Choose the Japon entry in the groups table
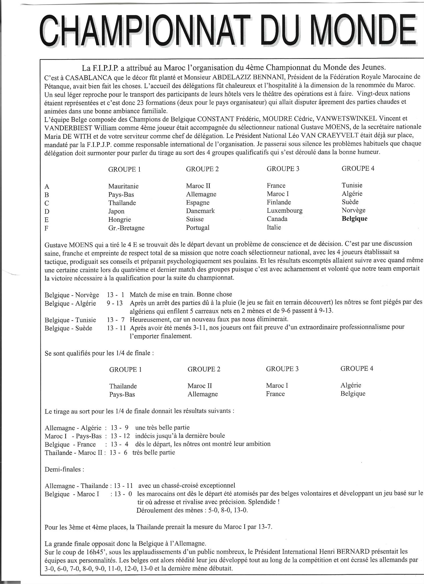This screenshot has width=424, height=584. tap(116, 212)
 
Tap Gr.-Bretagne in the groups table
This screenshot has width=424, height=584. tap(126, 228)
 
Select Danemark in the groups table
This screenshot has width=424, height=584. tap(200, 211)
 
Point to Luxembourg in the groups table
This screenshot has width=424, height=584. tap(285, 211)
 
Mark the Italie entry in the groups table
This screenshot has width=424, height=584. tap(274, 228)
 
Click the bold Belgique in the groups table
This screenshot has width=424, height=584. tap(354, 219)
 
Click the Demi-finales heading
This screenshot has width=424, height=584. tap(64, 469)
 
